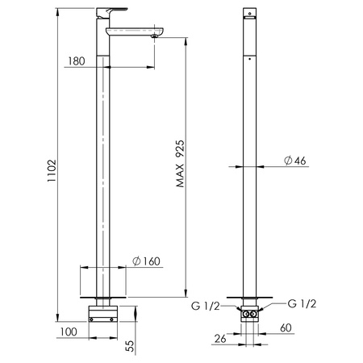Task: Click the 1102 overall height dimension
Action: (52, 171)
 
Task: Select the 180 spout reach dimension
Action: (77, 61)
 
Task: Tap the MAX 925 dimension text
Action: (181, 164)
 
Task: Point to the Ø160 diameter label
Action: (147, 261)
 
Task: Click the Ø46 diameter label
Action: (295, 161)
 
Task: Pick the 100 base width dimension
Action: (69, 332)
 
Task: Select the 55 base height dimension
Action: (130, 346)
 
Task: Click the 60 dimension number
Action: (286, 328)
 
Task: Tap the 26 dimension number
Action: (220, 339)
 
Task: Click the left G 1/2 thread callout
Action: (206, 306)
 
